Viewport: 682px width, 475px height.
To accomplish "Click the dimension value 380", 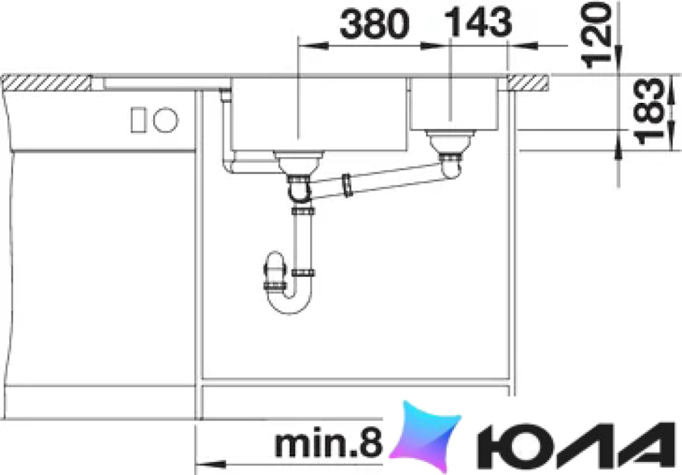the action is click(x=374, y=24).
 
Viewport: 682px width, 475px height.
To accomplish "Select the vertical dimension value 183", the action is click(x=650, y=112).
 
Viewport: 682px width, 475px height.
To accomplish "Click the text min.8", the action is click(x=329, y=443).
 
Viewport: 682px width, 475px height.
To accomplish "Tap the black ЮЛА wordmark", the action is click(x=573, y=443).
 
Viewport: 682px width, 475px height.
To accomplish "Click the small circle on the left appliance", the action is click(x=166, y=119).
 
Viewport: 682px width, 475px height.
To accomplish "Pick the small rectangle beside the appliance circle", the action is click(x=139, y=120).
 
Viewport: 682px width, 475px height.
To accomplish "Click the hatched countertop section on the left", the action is click(x=46, y=83).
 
